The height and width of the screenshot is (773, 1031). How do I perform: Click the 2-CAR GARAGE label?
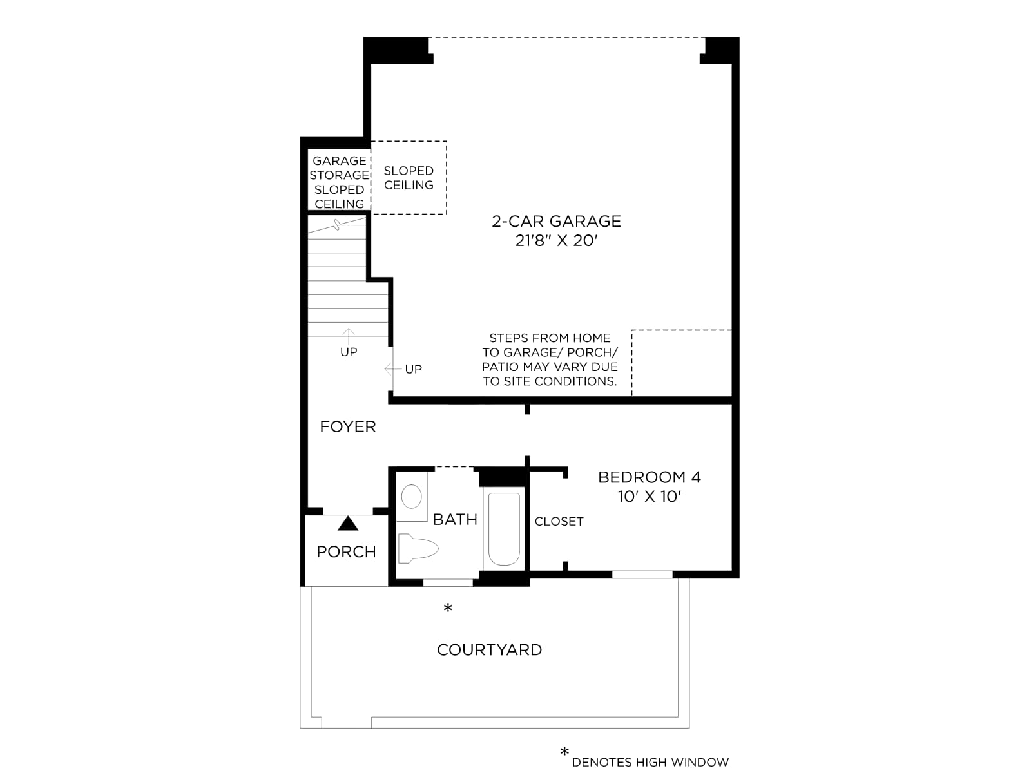[x=556, y=221]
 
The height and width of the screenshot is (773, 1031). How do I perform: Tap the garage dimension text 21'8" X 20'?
[x=556, y=241]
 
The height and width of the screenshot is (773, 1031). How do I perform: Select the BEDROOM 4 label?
[x=649, y=477]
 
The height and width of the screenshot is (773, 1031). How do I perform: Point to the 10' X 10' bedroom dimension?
[x=649, y=497]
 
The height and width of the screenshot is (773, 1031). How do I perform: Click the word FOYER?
[x=347, y=426]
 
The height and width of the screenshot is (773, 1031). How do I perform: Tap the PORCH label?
[x=346, y=552]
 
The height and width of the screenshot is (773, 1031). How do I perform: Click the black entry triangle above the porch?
[x=347, y=523]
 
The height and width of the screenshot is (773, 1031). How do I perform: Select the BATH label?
[x=455, y=520]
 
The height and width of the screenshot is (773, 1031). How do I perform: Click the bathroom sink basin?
[x=412, y=497]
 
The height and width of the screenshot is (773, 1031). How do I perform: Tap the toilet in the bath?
[x=418, y=548]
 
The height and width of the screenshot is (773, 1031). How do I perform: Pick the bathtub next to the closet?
[x=504, y=528]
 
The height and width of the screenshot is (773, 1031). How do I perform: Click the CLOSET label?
[x=559, y=521]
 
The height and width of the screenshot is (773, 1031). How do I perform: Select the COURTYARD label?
[x=490, y=650]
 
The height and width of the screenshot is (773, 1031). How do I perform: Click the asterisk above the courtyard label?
[x=448, y=608]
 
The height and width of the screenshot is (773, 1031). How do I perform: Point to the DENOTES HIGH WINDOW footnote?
[x=650, y=762]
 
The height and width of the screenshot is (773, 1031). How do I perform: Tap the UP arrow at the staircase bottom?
[x=348, y=337]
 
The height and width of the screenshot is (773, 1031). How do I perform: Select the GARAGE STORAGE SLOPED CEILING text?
[x=339, y=182]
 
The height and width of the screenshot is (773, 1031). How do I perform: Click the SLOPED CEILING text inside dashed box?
[x=409, y=178]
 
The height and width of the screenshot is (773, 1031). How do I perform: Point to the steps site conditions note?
[x=550, y=359]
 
